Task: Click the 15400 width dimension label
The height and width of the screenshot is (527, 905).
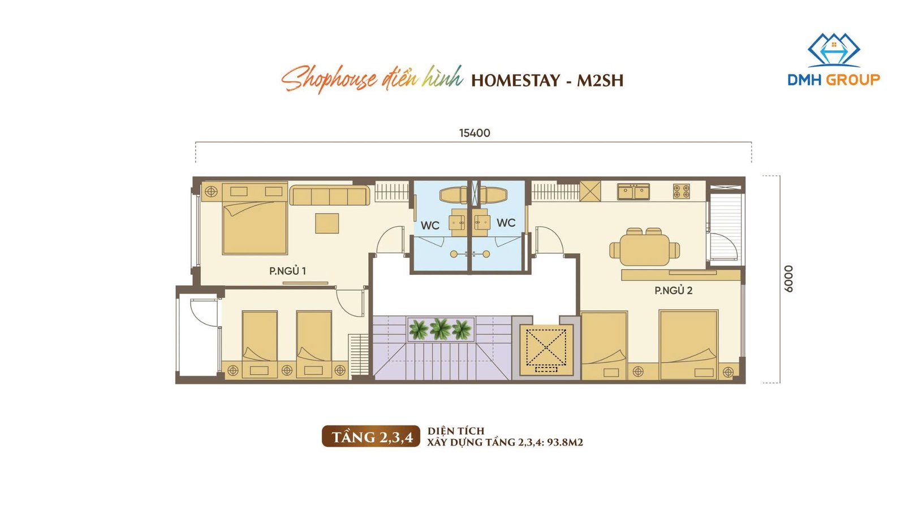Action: click(475, 133)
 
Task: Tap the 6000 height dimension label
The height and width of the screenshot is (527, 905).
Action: click(788, 279)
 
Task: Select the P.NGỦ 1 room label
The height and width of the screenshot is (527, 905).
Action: click(287, 270)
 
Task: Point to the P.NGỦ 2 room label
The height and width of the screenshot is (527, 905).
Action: click(674, 290)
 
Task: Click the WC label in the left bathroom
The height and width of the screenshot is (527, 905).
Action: click(430, 226)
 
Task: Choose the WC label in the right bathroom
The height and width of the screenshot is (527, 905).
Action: click(506, 223)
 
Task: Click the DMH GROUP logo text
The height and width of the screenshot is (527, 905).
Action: click(834, 80)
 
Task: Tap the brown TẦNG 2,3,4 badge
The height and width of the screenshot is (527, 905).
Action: click(371, 436)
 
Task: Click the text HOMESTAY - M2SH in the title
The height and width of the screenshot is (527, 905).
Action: click(547, 80)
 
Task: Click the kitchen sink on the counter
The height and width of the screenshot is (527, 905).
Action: click(633, 192)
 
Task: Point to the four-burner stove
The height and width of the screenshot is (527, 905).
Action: click(681, 192)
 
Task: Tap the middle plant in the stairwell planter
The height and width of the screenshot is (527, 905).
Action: click(440, 329)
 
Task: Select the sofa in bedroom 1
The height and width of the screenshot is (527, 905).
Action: click(329, 196)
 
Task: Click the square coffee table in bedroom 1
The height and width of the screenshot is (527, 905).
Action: click(327, 223)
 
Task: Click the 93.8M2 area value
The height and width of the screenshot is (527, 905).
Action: click(565, 442)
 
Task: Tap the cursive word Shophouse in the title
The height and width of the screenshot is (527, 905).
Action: click(329, 79)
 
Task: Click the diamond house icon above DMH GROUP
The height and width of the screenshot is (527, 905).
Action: click(834, 50)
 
